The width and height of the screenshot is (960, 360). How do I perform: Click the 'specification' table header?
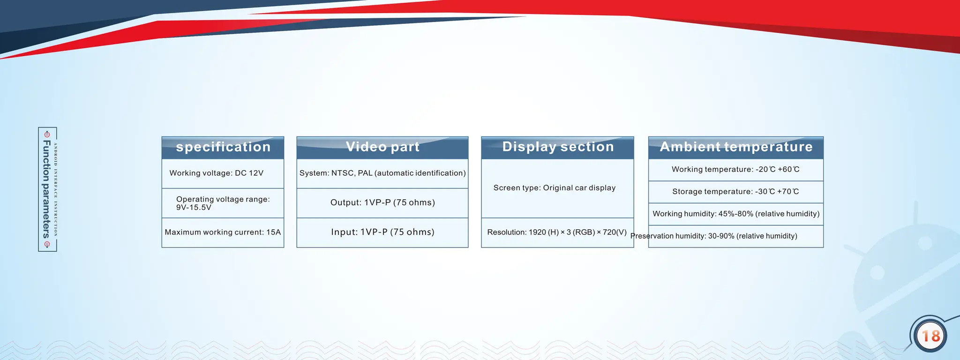point(223,147)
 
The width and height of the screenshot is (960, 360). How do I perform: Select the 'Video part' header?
point(382,147)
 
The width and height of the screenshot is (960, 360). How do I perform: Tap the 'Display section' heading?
point(558,147)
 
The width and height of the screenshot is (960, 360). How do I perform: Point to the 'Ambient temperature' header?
point(736,147)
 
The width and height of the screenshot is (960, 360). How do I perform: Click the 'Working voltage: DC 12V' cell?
point(217,173)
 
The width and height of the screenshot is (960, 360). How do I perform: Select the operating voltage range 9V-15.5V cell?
point(223,203)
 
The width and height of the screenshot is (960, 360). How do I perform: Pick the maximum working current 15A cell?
point(223,232)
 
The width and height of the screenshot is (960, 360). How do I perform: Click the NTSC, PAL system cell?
point(382,173)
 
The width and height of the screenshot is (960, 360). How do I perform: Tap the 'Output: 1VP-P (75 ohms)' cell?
point(382,202)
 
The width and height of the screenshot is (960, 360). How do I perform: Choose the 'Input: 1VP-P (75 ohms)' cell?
point(382,232)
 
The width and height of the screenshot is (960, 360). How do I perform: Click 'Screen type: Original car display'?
point(555,188)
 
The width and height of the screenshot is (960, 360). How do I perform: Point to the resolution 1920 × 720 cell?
point(557,232)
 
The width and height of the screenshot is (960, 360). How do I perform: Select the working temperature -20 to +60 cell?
point(735,169)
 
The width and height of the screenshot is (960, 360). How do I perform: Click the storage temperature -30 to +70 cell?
point(735,191)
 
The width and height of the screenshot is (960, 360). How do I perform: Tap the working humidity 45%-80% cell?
point(736,214)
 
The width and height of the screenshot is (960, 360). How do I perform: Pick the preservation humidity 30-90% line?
point(714,236)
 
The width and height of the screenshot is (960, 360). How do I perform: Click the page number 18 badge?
point(930,336)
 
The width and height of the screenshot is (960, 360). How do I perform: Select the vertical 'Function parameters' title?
point(46,189)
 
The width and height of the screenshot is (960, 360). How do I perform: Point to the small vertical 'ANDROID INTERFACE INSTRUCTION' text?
point(56,189)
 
